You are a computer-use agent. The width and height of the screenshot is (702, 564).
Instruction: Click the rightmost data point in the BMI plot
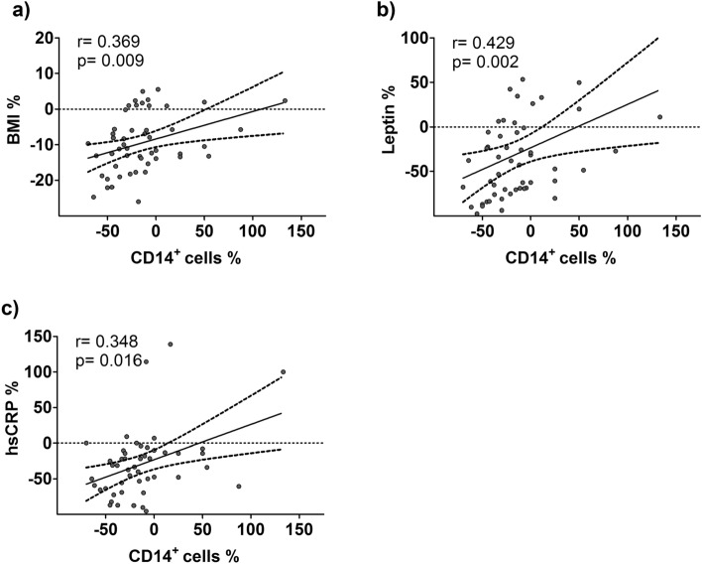click(285, 100)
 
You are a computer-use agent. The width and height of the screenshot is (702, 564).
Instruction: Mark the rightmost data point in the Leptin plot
click(659, 117)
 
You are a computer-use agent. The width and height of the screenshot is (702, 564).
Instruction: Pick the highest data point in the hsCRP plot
click(170, 344)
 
